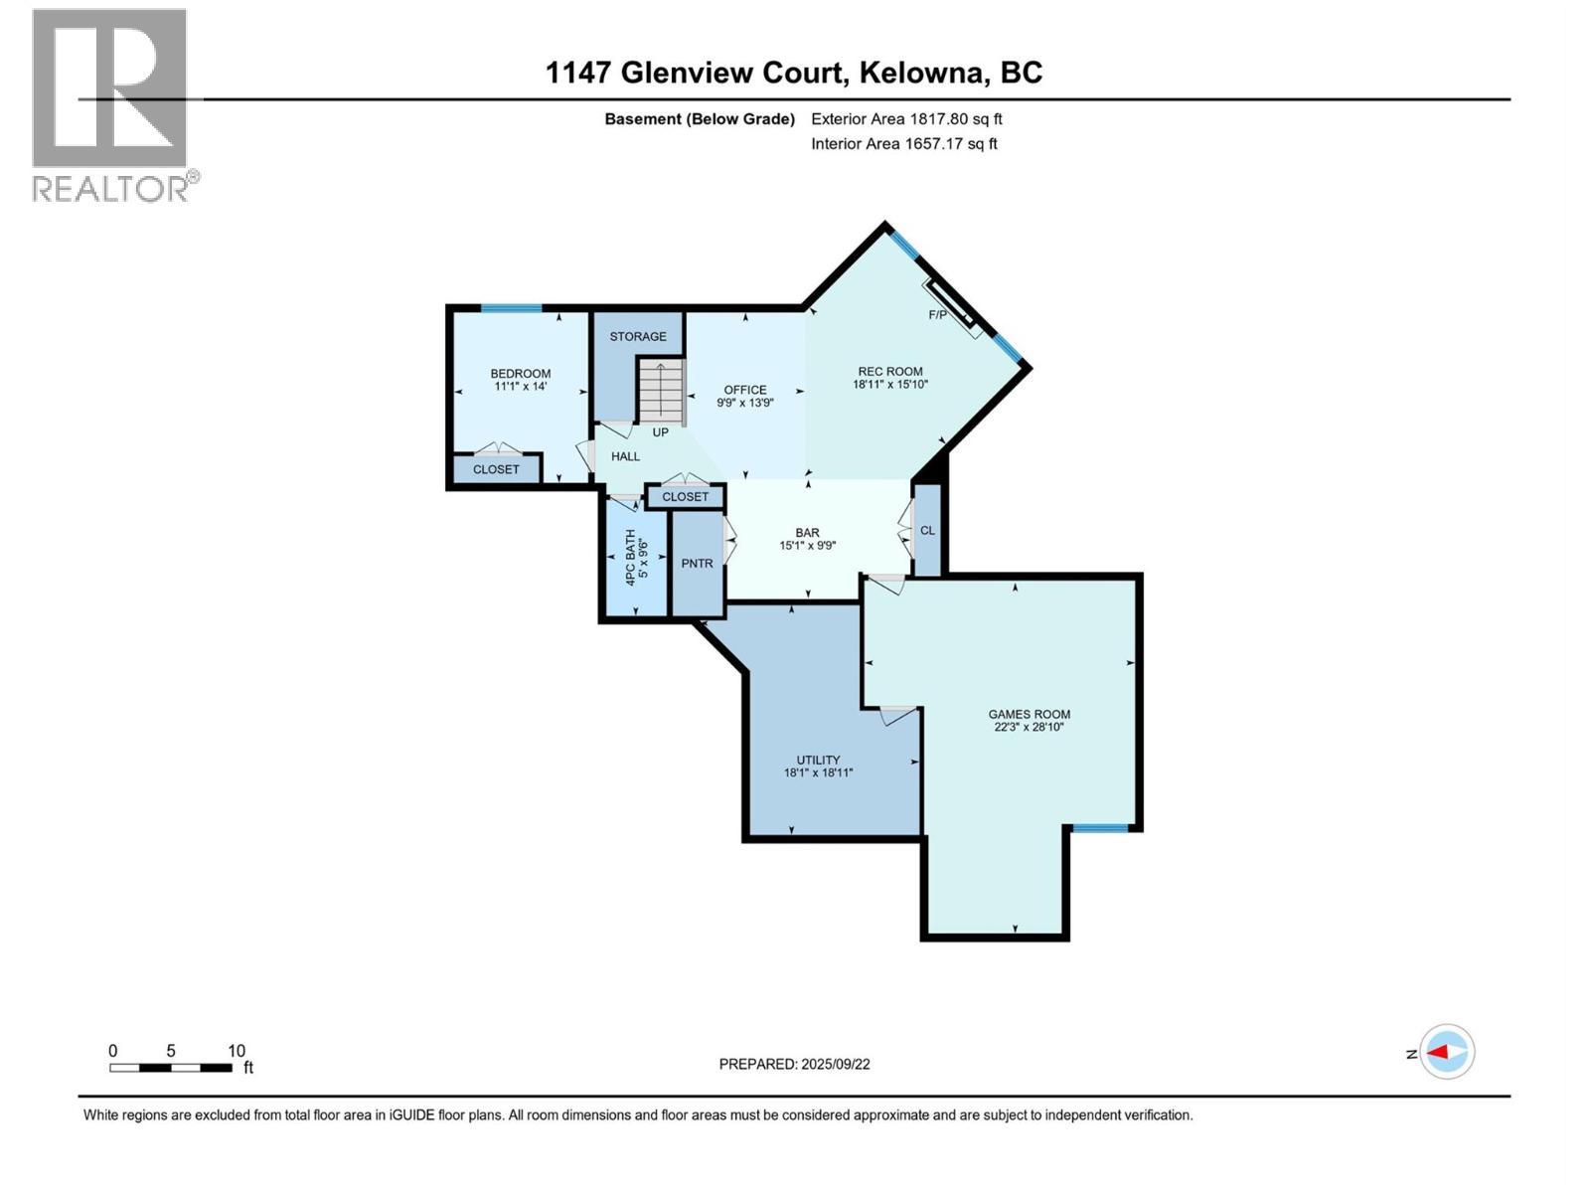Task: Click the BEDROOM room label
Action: pyautogui.click(x=520, y=374)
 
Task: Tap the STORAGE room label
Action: pyautogui.click(x=638, y=336)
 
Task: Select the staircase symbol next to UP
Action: pyautogui.click(x=661, y=390)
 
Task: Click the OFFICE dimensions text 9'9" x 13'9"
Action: pyautogui.click(x=744, y=403)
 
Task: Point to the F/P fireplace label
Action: pyautogui.click(x=937, y=315)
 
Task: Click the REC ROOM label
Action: pyautogui.click(x=890, y=371)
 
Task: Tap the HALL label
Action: pyautogui.click(x=625, y=456)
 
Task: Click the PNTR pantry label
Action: pyautogui.click(x=697, y=563)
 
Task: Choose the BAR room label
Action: pyautogui.click(x=807, y=533)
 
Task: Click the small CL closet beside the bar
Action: pyautogui.click(x=927, y=530)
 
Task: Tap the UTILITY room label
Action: pyautogui.click(x=818, y=760)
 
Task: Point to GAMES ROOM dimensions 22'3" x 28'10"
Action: pyautogui.click(x=1029, y=727)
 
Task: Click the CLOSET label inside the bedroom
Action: pyautogui.click(x=496, y=469)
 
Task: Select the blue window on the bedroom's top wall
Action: pyautogui.click(x=511, y=308)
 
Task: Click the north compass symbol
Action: pyautogui.click(x=1446, y=1052)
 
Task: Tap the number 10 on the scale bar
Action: pyautogui.click(x=237, y=1051)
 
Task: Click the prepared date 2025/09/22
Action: pyautogui.click(x=835, y=1064)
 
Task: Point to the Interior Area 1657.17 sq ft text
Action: pyautogui.click(x=903, y=143)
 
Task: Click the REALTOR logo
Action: pyautogui.click(x=111, y=104)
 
